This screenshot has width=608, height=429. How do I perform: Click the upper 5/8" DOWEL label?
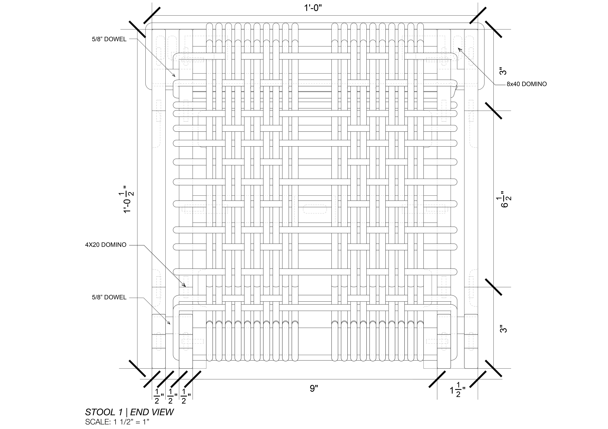109,39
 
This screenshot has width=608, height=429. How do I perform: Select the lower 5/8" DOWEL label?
109,297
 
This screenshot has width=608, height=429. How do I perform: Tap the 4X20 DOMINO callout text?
106,245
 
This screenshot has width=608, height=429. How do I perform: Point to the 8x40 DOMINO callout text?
527,84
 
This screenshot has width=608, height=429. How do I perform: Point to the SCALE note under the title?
117,422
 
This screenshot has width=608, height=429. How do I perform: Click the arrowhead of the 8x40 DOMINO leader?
459,49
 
